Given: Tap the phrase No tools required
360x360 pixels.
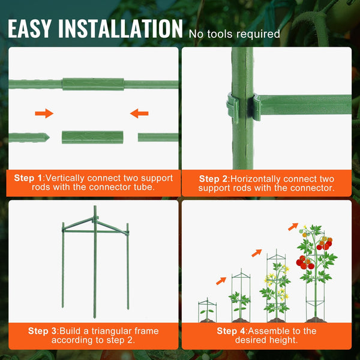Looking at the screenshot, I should coord(235,34).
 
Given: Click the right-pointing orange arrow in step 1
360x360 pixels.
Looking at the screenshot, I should coord(44,113).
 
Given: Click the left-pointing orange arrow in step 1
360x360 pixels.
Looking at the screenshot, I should coord(140,113).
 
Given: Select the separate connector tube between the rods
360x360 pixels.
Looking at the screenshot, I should coord(93,137).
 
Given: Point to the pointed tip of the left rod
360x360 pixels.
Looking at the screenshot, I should coord(46,137).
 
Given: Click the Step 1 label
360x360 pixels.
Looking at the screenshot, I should coord(29,178).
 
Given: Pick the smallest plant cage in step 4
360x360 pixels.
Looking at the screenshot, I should coord(206,310).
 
